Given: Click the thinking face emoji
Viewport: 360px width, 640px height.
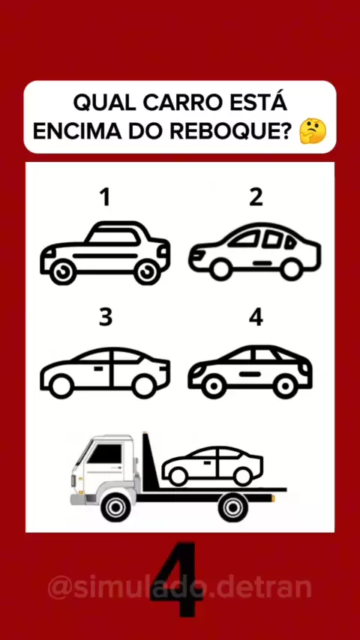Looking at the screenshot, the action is pyautogui.click(x=313, y=130).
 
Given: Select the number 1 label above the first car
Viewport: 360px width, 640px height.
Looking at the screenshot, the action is pyautogui.click(x=106, y=198).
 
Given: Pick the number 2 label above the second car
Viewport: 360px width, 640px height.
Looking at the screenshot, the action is pyautogui.click(x=256, y=198).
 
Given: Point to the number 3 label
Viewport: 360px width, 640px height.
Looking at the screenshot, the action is pyautogui.click(x=106, y=318).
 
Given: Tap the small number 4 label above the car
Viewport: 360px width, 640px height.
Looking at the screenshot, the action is pyautogui.click(x=256, y=318).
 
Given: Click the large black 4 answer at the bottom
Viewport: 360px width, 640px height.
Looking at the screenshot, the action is pyautogui.click(x=176, y=579).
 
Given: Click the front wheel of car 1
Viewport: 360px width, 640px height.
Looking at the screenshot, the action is pyautogui.click(x=62, y=272).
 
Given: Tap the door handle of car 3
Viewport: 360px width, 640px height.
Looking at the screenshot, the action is pyautogui.click(x=97, y=369).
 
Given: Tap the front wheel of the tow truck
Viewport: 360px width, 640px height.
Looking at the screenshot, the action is pyautogui.click(x=115, y=507).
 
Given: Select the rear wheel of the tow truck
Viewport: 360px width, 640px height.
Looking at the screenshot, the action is pyautogui.click(x=233, y=507).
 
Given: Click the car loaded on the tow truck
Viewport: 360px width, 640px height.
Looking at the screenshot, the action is pyautogui.click(x=212, y=466).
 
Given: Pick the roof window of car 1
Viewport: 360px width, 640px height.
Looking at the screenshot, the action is pyautogui.click(x=112, y=237).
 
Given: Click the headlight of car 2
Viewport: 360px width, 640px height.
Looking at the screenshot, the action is pyautogui.click(x=199, y=255).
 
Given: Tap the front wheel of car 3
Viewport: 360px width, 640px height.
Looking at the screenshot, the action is pyautogui.click(x=61, y=386).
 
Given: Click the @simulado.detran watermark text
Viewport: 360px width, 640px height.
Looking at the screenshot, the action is pyautogui.click(x=180, y=587).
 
